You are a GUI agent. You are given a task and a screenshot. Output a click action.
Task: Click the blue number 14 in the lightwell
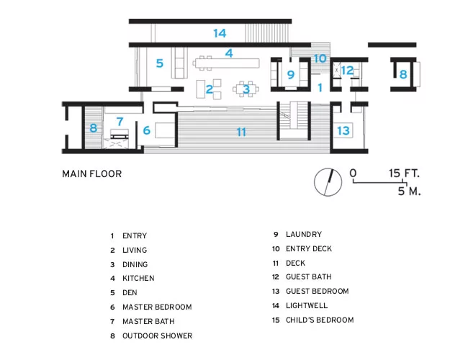(x=220, y=33)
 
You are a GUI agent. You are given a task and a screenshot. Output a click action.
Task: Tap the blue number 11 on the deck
(x=241, y=132)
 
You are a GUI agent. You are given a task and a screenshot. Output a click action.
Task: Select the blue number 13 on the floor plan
(x=343, y=130)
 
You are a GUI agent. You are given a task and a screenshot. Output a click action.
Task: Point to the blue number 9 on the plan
(x=291, y=74)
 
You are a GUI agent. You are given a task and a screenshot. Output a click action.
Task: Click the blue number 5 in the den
(x=160, y=63)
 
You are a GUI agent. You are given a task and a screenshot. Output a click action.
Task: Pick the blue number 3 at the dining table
(x=246, y=89)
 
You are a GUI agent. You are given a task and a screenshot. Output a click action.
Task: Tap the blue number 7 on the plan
(x=120, y=121)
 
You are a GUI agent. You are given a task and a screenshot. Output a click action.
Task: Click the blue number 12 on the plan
(x=347, y=71)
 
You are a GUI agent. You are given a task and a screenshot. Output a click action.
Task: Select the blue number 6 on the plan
(x=147, y=130)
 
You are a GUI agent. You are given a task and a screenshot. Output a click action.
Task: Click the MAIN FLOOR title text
(x=92, y=174)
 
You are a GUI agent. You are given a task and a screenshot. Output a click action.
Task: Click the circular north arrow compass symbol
(x=328, y=182)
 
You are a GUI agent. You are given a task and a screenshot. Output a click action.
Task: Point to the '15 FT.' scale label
(x=404, y=173)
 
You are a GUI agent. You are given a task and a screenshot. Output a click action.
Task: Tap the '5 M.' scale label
(x=409, y=191)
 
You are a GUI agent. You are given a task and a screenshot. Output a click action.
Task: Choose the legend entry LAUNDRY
(x=304, y=234)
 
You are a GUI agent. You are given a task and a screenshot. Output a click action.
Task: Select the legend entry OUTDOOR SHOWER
(x=157, y=336)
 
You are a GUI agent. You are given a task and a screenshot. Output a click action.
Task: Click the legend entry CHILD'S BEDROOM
(x=320, y=320)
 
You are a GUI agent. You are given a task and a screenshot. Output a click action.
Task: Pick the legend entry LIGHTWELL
(x=307, y=305)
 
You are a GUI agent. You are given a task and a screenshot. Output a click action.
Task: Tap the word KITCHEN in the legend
(x=138, y=278)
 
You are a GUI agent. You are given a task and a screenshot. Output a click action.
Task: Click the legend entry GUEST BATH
(x=308, y=276)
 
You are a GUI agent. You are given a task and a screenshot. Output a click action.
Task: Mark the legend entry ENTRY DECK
(x=309, y=248)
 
